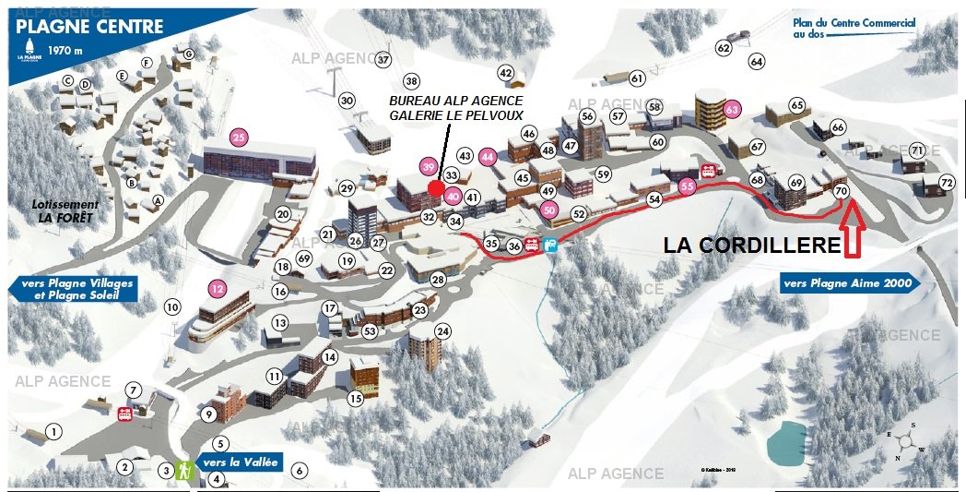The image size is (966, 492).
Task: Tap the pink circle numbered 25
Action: [x=240, y=138]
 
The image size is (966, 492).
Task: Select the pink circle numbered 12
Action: [x=218, y=287]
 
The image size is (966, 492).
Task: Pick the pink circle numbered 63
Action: [x=733, y=109]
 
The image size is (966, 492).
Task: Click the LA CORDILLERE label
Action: [x=752, y=246]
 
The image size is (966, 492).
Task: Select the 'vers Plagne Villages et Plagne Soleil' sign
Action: [x=73, y=289]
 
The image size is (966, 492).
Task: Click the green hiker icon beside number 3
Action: [x=183, y=471]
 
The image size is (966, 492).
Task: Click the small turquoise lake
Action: [x=785, y=441]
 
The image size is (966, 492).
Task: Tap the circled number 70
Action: [x=840, y=191]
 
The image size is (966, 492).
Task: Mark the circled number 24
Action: [x=442, y=331]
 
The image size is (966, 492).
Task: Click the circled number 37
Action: [x=383, y=60]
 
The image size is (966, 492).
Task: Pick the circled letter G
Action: [x=188, y=54]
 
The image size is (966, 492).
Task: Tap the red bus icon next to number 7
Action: [x=124, y=414]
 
